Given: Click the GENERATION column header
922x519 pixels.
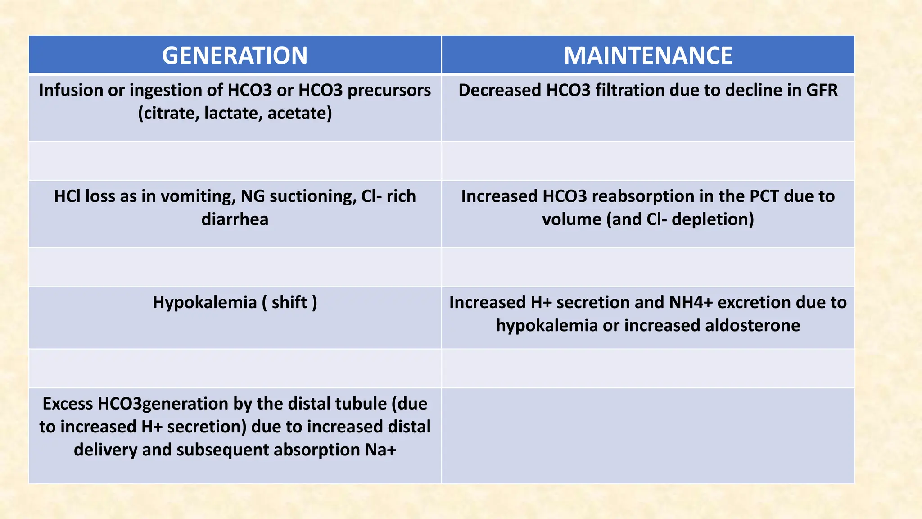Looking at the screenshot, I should [235, 55].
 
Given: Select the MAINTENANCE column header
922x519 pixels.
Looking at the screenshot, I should [648, 55].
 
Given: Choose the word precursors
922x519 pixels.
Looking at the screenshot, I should [389, 90].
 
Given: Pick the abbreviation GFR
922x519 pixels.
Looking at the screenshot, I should [822, 90].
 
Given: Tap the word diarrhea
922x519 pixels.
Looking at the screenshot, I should [235, 219].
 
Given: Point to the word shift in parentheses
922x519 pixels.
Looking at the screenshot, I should [289, 302].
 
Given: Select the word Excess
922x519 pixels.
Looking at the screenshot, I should [67, 404].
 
